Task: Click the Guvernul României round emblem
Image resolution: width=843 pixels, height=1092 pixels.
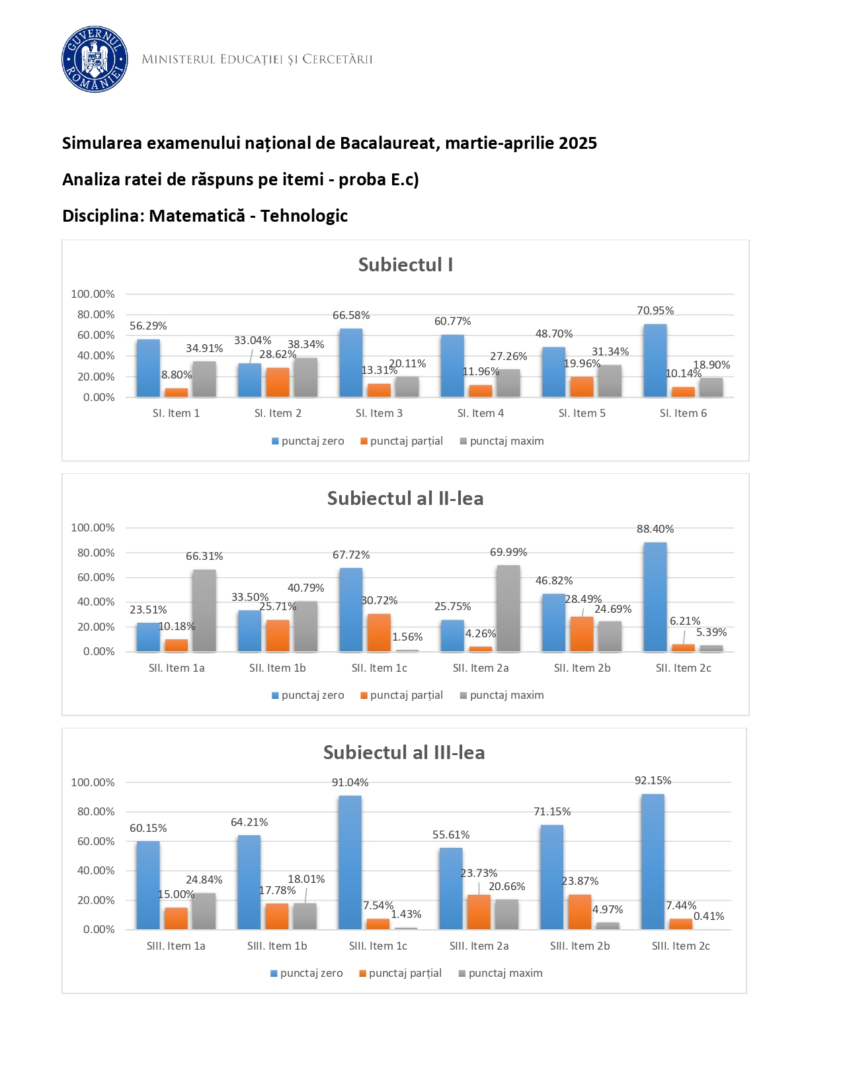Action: click(95, 60)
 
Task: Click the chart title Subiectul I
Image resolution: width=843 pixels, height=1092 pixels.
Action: click(405, 265)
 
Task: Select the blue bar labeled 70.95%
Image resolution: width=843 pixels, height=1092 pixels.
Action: click(655, 361)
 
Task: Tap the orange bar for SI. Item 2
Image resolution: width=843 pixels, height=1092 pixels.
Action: click(278, 382)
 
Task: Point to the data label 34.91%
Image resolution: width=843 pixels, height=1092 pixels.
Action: click(204, 348)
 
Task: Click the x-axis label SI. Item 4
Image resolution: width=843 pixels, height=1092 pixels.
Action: click(481, 413)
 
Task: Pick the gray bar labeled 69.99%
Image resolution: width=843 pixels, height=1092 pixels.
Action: click(508, 608)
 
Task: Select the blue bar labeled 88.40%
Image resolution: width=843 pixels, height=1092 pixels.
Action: click(655, 597)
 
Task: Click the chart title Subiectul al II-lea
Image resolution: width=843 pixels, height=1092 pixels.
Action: click(405, 498)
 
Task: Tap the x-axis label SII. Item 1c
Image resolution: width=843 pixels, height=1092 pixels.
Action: click(380, 668)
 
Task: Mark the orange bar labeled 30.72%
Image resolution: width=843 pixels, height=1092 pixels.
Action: click(379, 633)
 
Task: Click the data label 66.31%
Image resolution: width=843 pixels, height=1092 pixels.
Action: click(204, 556)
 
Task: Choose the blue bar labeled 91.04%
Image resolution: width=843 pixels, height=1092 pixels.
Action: click(350, 862)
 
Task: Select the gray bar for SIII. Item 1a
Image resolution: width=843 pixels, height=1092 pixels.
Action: click(204, 911)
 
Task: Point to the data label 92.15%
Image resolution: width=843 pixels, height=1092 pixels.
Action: click(653, 780)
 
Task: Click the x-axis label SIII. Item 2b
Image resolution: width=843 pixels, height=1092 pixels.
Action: click(580, 946)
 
